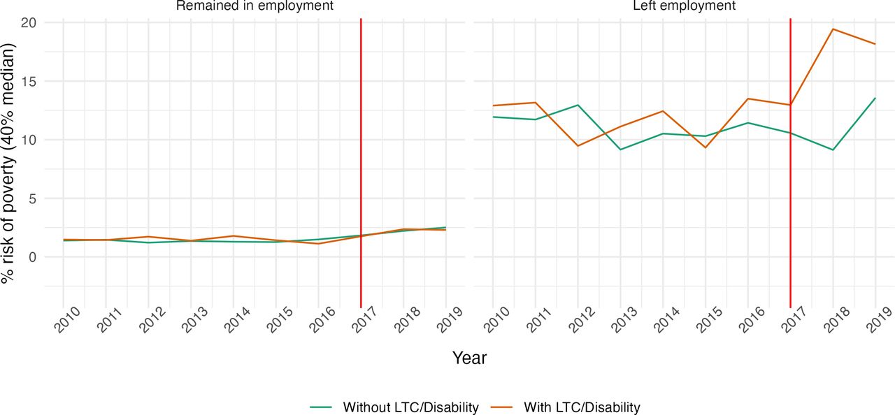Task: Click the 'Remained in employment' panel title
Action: point(255,6)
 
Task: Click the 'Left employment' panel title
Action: point(684,6)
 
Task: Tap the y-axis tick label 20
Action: point(29,22)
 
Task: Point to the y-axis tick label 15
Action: point(29,81)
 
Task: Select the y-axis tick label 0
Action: point(32,257)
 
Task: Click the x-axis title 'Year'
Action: point(469,358)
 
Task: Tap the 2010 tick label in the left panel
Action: point(68,319)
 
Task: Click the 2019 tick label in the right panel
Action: point(880,319)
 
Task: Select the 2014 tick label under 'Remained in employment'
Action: point(238,319)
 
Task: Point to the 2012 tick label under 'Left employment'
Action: point(582,319)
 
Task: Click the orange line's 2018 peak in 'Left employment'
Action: point(833,29)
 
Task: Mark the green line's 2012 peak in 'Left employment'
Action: point(578,105)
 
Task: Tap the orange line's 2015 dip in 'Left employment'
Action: point(706,147)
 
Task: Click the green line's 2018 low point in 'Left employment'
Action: point(833,150)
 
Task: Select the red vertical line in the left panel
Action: point(361,163)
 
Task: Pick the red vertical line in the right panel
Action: point(791,163)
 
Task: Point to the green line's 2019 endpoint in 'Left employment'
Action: point(875,98)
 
